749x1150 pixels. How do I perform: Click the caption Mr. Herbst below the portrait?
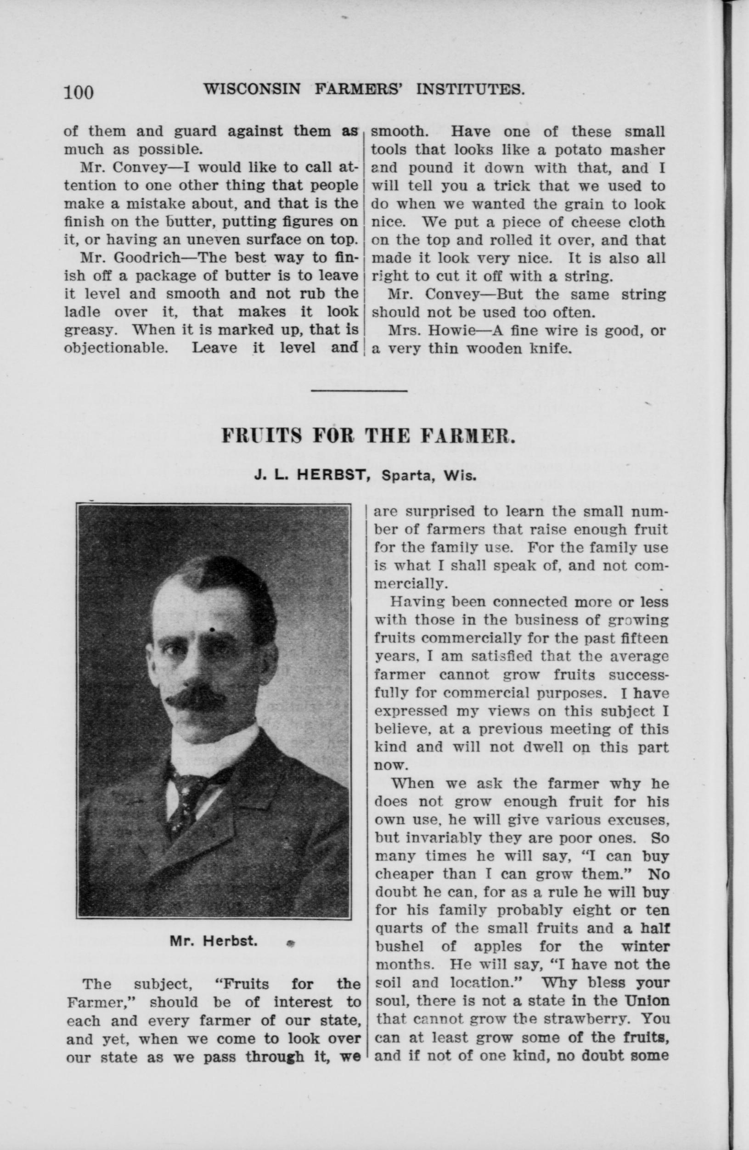213,941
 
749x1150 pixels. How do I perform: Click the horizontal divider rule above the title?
359,390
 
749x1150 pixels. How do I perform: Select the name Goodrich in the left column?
142,258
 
